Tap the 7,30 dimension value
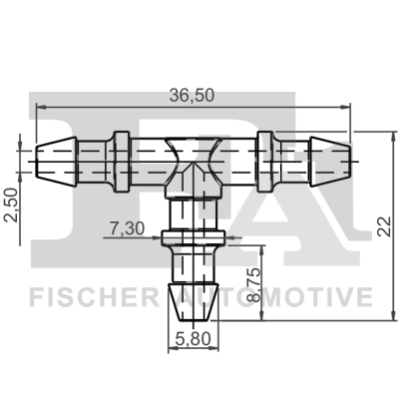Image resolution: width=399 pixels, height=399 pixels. coord(127,228)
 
